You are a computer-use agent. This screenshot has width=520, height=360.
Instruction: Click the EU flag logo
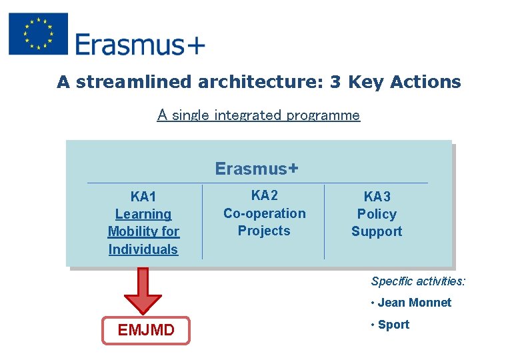click(39, 34)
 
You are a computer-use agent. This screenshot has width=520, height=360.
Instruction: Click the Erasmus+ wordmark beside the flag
click(140, 45)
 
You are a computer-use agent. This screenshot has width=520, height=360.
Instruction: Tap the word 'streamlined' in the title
click(136, 82)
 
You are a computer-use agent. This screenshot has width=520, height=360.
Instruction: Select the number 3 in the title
click(335, 82)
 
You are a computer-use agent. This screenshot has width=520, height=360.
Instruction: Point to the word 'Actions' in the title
click(425, 82)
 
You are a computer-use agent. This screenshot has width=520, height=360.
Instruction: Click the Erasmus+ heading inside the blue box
click(257, 169)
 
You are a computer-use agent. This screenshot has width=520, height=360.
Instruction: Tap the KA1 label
click(143, 197)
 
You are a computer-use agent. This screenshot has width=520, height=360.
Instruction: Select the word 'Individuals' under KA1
click(143, 249)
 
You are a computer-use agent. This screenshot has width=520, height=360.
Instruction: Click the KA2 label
click(264, 195)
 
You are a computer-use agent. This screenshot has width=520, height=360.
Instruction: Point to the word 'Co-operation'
click(264, 213)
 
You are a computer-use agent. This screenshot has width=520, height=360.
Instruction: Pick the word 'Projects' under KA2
click(264, 231)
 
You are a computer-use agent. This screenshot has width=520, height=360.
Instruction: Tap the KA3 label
click(377, 197)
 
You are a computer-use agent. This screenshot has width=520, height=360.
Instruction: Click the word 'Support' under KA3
click(377, 231)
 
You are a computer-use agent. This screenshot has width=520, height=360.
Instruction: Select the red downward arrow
click(143, 290)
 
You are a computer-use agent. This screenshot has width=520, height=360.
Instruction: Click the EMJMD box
click(146, 330)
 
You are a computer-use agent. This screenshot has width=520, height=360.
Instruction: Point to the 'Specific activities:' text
click(418, 281)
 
